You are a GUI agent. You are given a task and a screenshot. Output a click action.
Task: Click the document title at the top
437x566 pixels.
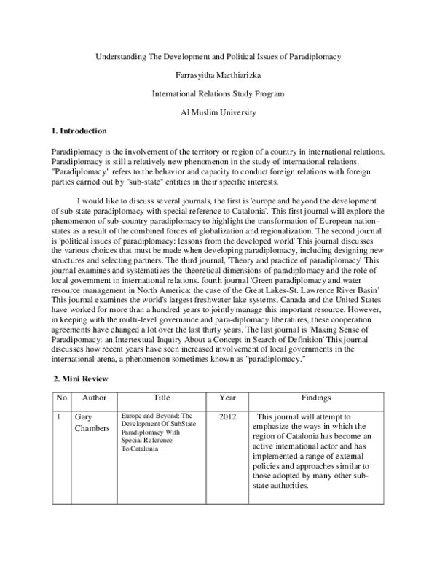click(x=219, y=56)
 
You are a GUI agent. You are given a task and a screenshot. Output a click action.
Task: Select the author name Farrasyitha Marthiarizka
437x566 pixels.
click(x=219, y=75)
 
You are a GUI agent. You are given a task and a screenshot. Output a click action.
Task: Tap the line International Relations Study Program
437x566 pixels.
click(x=219, y=94)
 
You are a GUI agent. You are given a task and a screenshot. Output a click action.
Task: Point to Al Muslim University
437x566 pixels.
click(x=219, y=112)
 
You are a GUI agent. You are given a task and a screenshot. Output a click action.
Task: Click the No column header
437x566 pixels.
click(x=61, y=398)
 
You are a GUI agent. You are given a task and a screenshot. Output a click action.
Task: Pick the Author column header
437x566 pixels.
click(x=95, y=398)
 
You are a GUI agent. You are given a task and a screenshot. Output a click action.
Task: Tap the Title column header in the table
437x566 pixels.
click(x=162, y=398)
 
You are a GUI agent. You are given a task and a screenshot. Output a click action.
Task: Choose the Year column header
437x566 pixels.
click(x=227, y=398)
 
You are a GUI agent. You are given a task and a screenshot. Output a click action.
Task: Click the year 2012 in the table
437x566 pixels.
click(x=229, y=416)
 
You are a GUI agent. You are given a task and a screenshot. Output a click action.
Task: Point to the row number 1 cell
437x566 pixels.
click(x=58, y=416)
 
